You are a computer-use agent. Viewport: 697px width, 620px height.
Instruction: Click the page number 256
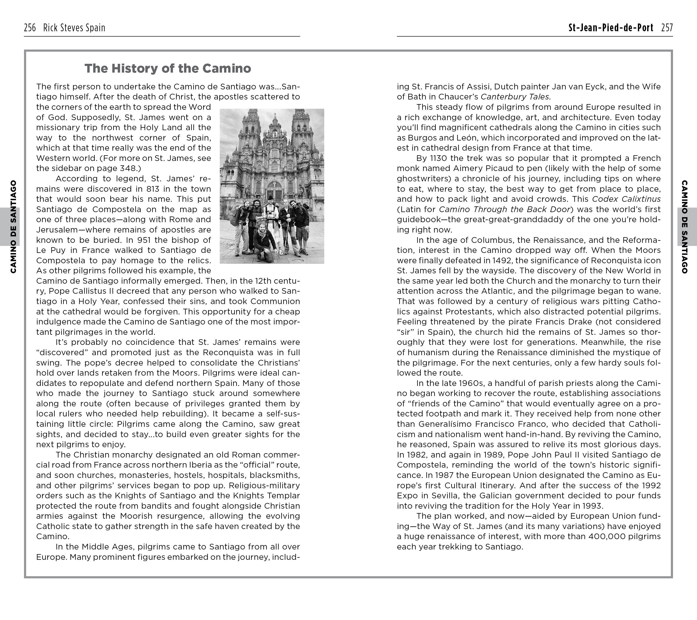click(30, 28)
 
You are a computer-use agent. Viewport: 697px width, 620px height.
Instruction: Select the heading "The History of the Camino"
click(168, 68)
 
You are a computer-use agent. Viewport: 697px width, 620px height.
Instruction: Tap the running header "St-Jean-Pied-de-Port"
click(611, 28)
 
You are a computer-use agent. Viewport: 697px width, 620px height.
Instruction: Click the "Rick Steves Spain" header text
click(74, 28)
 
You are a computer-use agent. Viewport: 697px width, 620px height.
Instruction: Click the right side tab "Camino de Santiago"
click(684, 227)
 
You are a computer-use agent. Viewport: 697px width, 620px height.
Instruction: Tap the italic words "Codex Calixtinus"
click(626, 199)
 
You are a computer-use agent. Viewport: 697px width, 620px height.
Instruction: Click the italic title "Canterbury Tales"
click(515, 97)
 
